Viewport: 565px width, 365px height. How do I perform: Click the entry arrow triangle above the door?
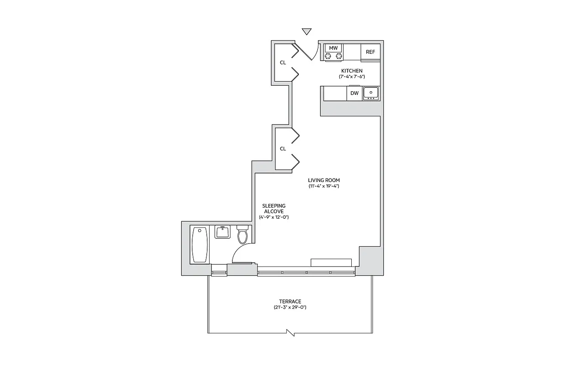coord(307,31)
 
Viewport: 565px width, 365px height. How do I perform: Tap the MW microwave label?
coord(333,48)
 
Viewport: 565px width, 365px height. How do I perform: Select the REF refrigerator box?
coord(370,52)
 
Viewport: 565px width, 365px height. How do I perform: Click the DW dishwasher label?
coord(354,94)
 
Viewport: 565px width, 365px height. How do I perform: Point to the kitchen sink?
coord(371,93)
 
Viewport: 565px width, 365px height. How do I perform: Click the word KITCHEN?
coord(352,71)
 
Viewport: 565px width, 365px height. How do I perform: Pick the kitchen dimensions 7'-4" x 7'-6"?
coord(352,77)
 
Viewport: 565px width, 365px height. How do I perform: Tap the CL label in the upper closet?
coord(283,63)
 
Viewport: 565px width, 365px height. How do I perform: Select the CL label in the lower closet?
coord(283,149)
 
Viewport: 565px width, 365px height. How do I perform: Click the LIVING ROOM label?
coord(323,180)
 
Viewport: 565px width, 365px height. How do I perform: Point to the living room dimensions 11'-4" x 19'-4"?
coord(323,186)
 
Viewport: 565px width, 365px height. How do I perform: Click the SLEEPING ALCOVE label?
coord(274,209)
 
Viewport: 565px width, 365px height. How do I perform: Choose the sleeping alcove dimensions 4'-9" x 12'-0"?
coord(274,217)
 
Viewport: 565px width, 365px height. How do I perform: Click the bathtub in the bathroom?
coord(200,245)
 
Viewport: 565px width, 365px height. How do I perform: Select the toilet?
coord(242,234)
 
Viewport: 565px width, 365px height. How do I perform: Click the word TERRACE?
coord(290,302)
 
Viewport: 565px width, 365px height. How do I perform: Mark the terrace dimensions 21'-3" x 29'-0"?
coord(290,308)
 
